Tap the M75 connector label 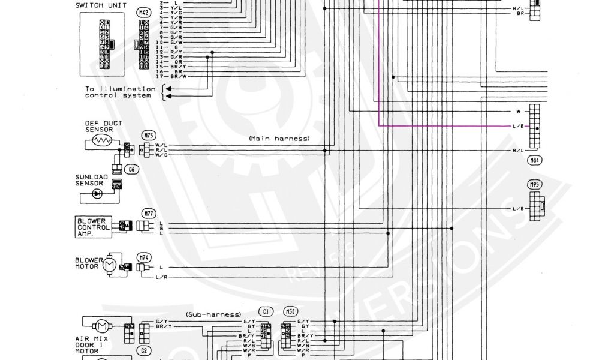pos(148,135)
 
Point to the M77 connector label pos(148,213)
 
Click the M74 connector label pos(144,256)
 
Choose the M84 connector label pos(534,160)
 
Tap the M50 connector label pos(290,311)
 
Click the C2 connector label pos(144,351)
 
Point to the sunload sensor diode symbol pos(97,194)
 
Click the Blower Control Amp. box pos(94,227)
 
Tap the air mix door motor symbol pos(101,326)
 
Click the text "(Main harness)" pos(279,138)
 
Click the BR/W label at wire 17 pos(178,77)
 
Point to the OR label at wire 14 pos(178,62)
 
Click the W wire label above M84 pos(517,112)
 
